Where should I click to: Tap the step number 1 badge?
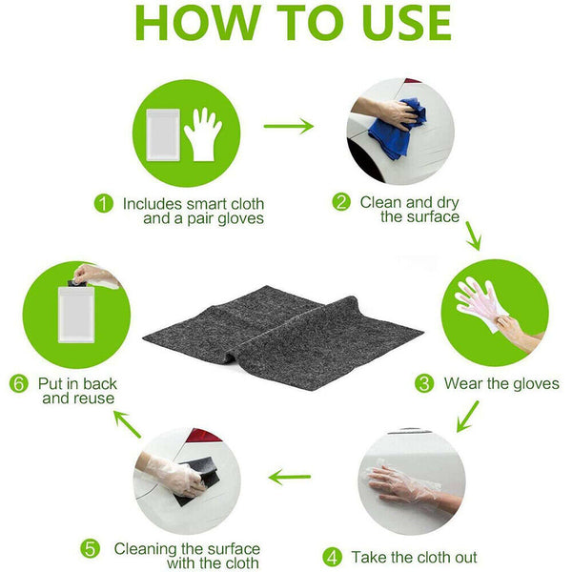(x=104, y=203)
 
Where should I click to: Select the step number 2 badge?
(x=341, y=202)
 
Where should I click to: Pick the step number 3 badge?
(x=424, y=383)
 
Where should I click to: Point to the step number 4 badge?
(x=333, y=558)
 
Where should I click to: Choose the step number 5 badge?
(x=91, y=549)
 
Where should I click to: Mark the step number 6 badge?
(x=19, y=383)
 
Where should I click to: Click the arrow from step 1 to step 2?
(x=289, y=126)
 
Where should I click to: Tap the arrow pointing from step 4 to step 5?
(x=290, y=477)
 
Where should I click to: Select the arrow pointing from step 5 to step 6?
(x=127, y=423)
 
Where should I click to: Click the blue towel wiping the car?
(x=397, y=129)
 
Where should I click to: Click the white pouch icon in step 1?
(x=163, y=134)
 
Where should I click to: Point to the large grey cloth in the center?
(x=283, y=337)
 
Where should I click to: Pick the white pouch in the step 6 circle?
(x=76, y=315)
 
